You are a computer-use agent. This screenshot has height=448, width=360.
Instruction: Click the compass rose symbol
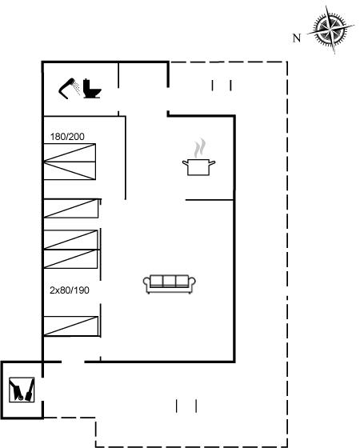[x=330, y=30]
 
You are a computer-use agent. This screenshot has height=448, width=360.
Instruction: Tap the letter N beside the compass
[x=297, y=38]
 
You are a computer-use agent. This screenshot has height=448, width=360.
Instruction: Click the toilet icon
[x=92, y=89]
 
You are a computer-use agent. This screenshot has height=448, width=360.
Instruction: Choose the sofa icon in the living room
[x=170, y=284]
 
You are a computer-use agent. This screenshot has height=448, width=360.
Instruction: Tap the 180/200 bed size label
[x=67, y=137]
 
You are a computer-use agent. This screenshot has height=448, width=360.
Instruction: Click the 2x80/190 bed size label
[x=70, y=290]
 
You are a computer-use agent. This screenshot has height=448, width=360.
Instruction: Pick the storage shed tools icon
[x=22, y=390]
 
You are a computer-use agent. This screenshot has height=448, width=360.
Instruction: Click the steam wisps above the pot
[x=200, y=148]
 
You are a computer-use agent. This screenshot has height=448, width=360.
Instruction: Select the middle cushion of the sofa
[x=170, y=281]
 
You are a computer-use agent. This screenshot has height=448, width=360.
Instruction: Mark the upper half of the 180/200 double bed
[x=70, y=153]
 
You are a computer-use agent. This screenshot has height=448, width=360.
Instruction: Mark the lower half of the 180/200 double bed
[x=70, y=171]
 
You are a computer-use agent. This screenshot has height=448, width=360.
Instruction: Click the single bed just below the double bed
[x=71, y=208]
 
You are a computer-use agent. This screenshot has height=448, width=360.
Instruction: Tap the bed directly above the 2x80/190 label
[x=70, y=259]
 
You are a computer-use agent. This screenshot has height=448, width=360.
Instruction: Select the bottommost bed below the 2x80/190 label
[x=71, y=326]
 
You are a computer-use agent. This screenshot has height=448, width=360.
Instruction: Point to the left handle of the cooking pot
[x=185, y=163]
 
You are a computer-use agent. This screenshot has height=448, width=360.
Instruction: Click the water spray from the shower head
[x=77, y=87]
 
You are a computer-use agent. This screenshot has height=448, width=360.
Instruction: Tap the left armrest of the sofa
[x=146, y=284]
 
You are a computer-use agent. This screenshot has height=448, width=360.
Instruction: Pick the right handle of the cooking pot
[x=212, y=163]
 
